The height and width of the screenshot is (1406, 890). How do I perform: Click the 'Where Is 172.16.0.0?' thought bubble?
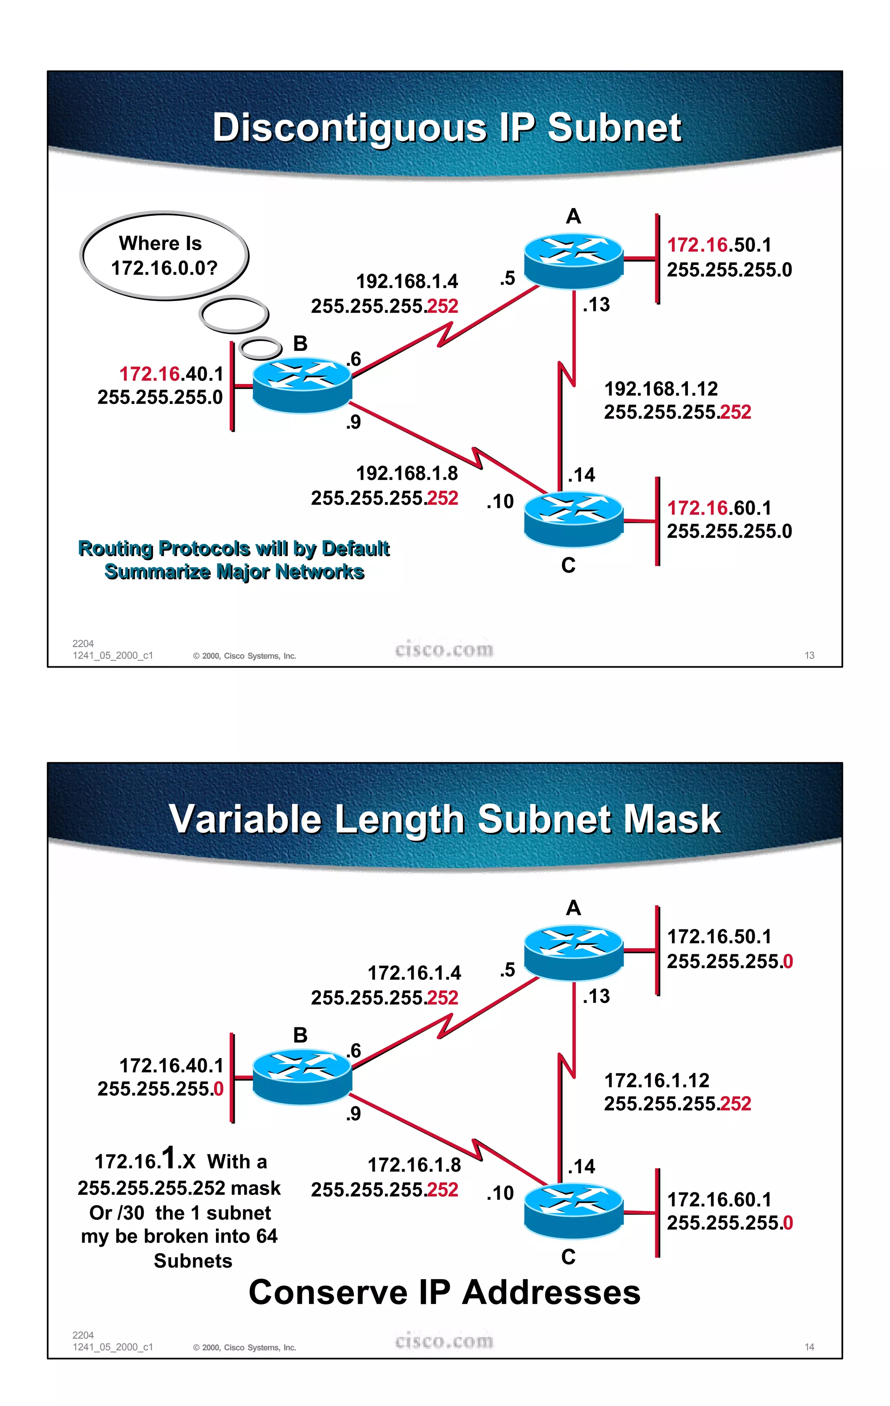coord(164,256)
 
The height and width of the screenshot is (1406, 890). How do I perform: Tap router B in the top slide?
coord(302,385)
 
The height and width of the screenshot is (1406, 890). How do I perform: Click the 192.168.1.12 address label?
coord(661,388)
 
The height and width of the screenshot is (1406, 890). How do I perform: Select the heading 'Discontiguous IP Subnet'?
coord(447,127)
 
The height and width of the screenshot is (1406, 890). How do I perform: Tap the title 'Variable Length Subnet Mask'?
coord(445,819)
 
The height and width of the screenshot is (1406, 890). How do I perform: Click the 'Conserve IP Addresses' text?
coord(445,1292)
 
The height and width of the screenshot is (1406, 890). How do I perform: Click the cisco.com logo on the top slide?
coord(444,649)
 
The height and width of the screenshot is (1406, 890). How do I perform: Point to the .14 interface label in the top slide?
coord(581,475)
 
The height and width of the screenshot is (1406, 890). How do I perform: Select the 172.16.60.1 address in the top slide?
coord(719,508)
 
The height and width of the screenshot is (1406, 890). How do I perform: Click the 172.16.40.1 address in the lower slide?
coord(171,1065)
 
